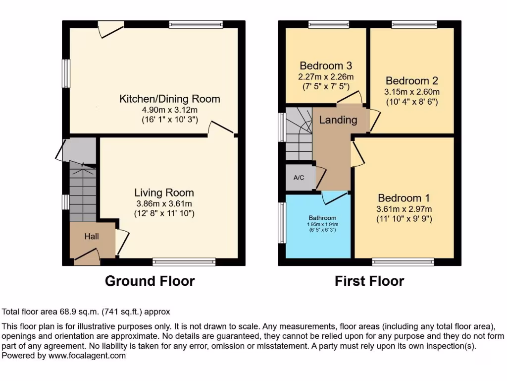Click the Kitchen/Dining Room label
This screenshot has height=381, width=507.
click(x=170, y=99)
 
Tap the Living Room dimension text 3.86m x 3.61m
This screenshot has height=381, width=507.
click(x=164, y=203)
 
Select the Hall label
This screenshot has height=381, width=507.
click(x=92, y=237)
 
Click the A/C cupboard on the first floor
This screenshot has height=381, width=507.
click(x=300, y=177)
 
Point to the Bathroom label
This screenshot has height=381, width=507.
click(x=323, y=218)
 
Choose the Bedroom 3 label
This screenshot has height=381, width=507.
click(x=326, y=66)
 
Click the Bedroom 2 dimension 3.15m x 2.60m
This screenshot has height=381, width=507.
click(x=412, y=92)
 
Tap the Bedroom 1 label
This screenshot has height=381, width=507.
click(x=404, y=198)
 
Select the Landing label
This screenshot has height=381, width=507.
click(x=338, y=120)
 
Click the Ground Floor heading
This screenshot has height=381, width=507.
click(x=150, y=281)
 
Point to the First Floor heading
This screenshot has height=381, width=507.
click(x=369, y=281)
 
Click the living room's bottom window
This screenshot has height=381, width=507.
click(x=184, y=261)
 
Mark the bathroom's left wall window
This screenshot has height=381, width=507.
click(x=282, y=222)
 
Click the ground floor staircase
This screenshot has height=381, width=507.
click(x=82, y=193)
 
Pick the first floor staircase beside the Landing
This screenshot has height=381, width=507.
click(x=299, y=134)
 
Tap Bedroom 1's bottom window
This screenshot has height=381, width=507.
click(x=403, y=261)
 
